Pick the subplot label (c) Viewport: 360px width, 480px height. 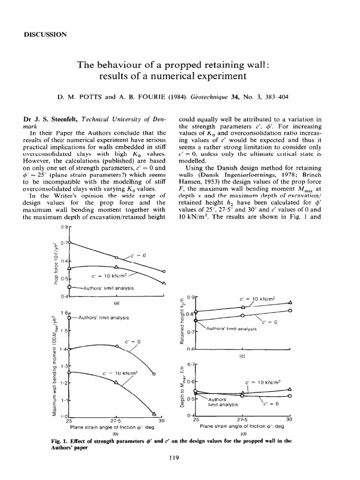[243, 356]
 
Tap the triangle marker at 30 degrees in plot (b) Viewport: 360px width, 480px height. [154, 413]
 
